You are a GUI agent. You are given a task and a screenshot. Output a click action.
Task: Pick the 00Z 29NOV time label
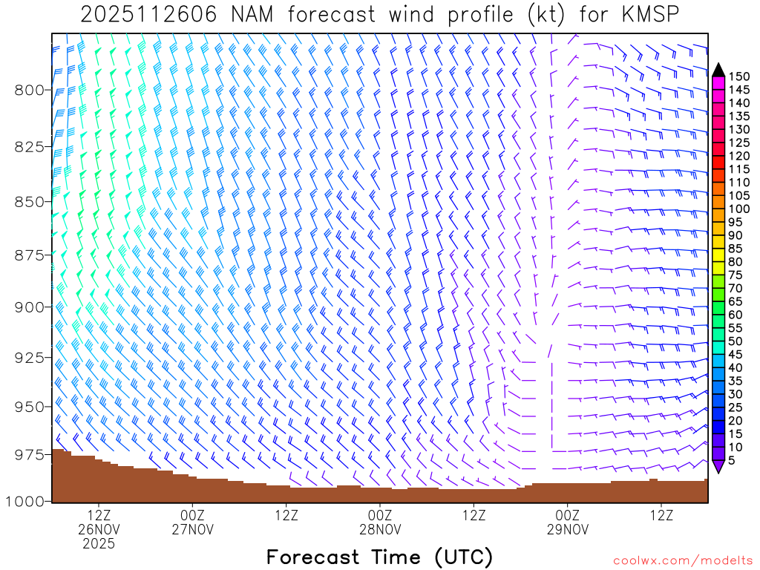pos(568,522)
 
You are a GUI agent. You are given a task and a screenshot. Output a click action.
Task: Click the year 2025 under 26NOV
pos(99,544)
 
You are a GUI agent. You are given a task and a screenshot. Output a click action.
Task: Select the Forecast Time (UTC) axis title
pos(379,557)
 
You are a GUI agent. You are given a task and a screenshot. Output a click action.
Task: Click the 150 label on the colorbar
pos(738,76)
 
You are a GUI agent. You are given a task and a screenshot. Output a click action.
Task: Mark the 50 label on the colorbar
pos(735,341)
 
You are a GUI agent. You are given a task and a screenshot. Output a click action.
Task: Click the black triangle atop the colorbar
pos(718,70)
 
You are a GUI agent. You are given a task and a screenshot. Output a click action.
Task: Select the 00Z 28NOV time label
pos(380,522)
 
